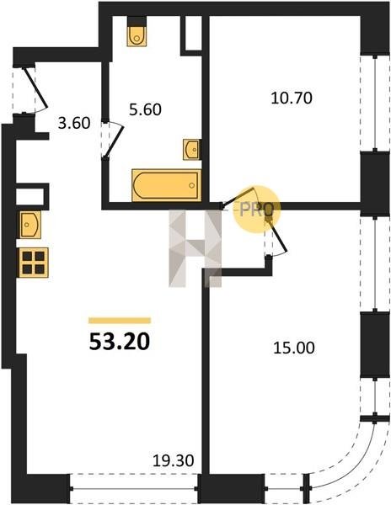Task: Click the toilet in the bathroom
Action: click(137, 36)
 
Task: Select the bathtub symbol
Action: click(166, 185)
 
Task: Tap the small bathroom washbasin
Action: click(190, 149)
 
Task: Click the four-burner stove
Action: click(34, 262)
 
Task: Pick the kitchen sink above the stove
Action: click(30, 225)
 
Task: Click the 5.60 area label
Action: click(145, 109)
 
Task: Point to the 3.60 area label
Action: click(74, 123)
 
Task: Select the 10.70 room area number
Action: click(292, 98)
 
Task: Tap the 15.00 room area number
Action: click(294, 348)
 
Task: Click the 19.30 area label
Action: click(173, 460)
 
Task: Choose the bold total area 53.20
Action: click(120, 342)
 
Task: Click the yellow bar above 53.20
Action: click(120, 320)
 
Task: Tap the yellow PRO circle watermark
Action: click(257, 209)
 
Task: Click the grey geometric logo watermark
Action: click(195, 248)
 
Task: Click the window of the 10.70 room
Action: click(375, 104)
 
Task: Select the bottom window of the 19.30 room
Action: click(134, 488)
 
